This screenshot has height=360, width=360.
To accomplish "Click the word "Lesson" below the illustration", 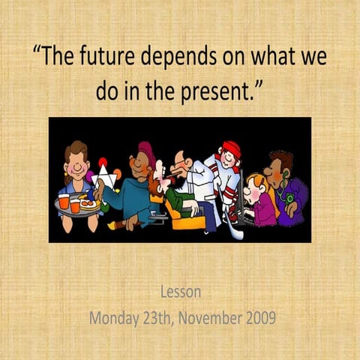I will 180,292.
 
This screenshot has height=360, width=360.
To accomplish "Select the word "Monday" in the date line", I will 117,317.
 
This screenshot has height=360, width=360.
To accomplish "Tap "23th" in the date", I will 165,317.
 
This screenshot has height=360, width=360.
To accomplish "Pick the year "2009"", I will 261,317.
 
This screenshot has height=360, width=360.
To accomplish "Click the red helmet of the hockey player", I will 230,148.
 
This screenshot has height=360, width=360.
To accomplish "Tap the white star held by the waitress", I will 103,178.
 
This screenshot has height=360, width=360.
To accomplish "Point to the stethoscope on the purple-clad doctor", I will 287,196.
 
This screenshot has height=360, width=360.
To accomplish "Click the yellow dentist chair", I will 184,218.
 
